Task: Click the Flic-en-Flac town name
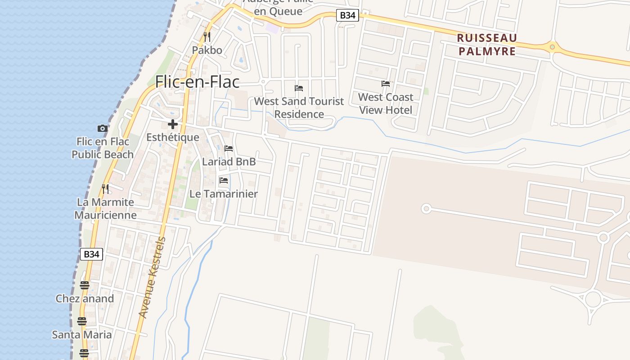pyautogui.click(x=197, y=82)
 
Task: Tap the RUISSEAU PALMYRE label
pyautogui.click(x=487, y=45)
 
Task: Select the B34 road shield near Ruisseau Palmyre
pyautogui.click(x=347, y=15)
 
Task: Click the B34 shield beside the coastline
pyautogui.click(x=91, y=254)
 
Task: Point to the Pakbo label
pyautogui.click(x=207, y=50)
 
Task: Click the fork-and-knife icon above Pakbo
pyautogui.click(x=207, y=36)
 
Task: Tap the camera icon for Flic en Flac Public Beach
pyautogui.click(x=103, y=128)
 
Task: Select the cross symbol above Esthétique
pyautogui.click(x=173, y=124)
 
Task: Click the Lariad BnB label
pyautogui.click(x=229, y=162)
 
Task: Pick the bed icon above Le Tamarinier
pyautogui.click(x=224, y=181)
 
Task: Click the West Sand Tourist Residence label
pyautogui.click(x=299, y=108)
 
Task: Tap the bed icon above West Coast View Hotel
pyautogui.click(x=386, y=84)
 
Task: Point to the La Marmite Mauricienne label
pyautogui.click(x=105, y=208)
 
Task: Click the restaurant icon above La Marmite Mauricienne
pyautogui.click(x=105, y=189)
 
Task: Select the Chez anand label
pyautogui.click(x=85, y=298)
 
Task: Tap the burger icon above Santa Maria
pyautogui.click(x=81, y=321)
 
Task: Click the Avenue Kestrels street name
pyautogui.click(x=152, y=277)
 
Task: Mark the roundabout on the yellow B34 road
pyautogui.click(x=552, y=46)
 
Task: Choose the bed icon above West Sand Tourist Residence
pyautogui.click(x=299, y=88)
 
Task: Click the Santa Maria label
pyautogui.click(x=81, y=335)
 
